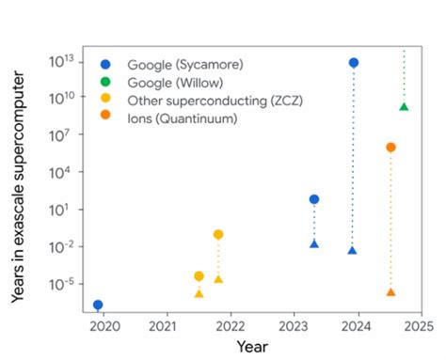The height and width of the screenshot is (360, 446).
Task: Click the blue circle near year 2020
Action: tap(98, 305)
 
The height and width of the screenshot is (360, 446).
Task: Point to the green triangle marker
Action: tap(404, 107)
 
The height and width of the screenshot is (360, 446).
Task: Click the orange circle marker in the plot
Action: tap(390, 148)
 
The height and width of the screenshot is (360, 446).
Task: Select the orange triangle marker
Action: tap(390, 292)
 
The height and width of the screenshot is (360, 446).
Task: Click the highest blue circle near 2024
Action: tap(353, 63)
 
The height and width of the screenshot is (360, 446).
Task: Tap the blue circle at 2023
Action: tap(314, 199)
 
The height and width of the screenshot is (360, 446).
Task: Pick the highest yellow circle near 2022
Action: tap(218, 234)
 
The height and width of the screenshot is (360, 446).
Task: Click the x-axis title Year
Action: tap(252, 347)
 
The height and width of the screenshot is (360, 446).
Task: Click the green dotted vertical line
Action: tap(404, 75)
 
